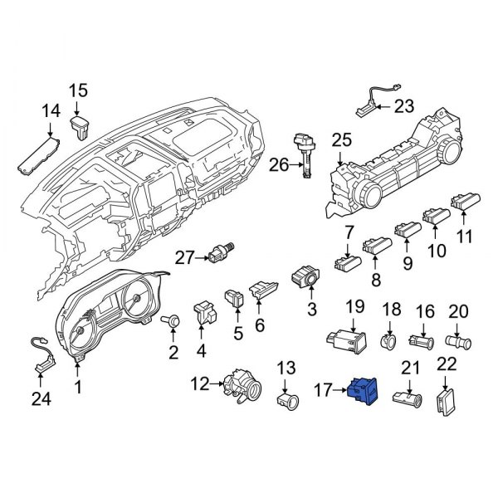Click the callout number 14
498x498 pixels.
51,110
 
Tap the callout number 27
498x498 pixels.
183,259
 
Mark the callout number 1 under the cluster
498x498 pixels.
79,387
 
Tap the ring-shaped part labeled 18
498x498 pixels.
387,341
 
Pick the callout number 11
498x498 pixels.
465,237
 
